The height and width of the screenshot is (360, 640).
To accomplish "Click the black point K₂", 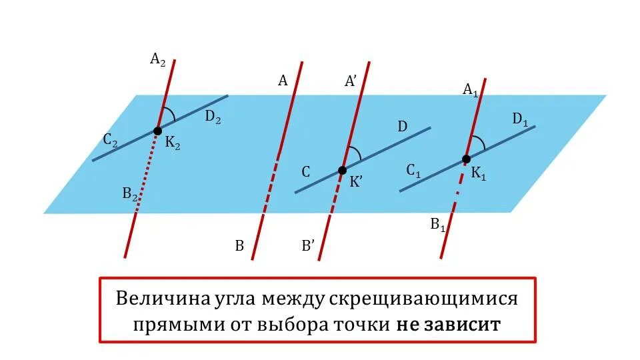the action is pyautogui.click(x=158, y=131).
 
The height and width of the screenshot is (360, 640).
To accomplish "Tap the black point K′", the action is pyautogui.click(x=342, y=170).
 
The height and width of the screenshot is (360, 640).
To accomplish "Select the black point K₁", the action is pyautogui.click(x=466, y=159).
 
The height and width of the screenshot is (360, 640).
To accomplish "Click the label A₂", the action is pyautogui.click(x=158, y=60).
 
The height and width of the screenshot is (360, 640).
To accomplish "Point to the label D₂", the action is pyautogui.click(x=213, y=117).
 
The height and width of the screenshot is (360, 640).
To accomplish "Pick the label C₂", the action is pyautogui.click(x=111, y=141).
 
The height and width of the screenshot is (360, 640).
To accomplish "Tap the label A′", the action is pyautogui.click(x=351, y=81).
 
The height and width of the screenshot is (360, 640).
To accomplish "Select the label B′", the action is pyautogui.click(x=308, y=246).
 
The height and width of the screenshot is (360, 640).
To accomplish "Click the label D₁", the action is pyautogui.click(x=520, y=120).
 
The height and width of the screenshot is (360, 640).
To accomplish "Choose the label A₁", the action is pyautogui.click(x=470, y=89).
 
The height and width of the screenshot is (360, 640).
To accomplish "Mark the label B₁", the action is pyautogui.click(x=438, y=225).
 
